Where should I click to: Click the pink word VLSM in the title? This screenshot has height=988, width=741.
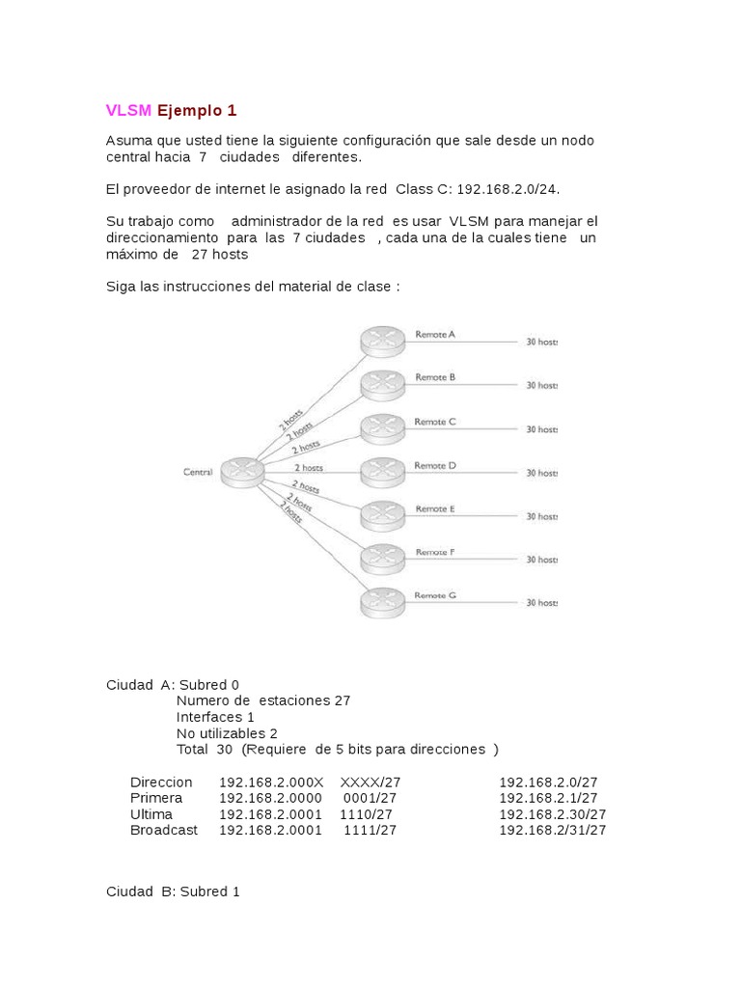point(128,110)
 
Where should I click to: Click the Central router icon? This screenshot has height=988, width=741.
point(241,472)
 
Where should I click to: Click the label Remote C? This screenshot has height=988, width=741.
point(434,422)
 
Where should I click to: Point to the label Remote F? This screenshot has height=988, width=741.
point(434,553)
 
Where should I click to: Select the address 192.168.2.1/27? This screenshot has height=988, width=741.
point(548,798)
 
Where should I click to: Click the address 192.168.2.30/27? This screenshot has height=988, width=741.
point(552,814)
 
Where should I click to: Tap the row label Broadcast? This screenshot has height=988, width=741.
point(164,830)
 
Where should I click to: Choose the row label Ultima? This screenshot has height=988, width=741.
point(151,814)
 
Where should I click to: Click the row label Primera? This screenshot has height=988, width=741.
point(156,798)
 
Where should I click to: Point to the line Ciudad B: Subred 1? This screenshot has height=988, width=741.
point(173,892)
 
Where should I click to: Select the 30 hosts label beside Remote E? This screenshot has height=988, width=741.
point(541,516)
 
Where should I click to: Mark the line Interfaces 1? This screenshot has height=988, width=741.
point(215,717)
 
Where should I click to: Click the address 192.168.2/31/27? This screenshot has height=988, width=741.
point(552,830)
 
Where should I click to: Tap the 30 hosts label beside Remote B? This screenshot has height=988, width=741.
point(541,385)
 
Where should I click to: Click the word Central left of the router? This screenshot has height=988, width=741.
point(197,472)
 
